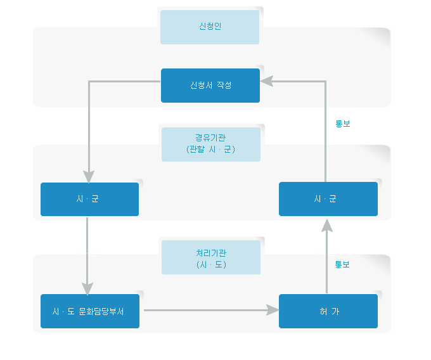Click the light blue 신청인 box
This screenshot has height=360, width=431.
click(210, 27)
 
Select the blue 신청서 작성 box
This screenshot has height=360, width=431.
click(210, 86)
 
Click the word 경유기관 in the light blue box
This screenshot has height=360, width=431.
click(210, 138)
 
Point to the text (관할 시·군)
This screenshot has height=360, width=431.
click(210, 150)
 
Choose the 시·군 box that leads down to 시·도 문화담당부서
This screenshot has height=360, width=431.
click(89, 199)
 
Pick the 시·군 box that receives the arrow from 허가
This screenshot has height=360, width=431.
click(328, 199)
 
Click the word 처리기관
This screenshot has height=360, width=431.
click(210, 253)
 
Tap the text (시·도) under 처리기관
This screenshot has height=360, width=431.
click(210, 264)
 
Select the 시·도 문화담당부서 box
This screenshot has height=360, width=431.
click(89, 311)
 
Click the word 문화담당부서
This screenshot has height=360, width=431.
click(101, 311)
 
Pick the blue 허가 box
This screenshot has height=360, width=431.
click(328, 311)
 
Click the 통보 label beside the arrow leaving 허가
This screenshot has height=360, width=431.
click(342, 264)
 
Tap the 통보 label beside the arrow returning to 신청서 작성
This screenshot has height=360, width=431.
click(342, 124)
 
